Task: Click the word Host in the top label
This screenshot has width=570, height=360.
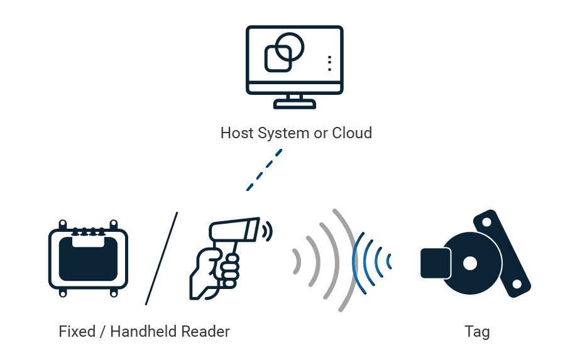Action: tap(236, 133)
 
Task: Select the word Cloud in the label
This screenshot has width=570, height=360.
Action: tap(352, 133)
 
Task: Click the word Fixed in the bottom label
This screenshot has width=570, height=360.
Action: tap(76, 331)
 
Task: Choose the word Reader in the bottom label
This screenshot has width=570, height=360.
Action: tap(207, 331)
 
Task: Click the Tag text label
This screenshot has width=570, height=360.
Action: tap(477, 331)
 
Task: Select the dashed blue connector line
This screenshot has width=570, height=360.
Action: tap(264, 170)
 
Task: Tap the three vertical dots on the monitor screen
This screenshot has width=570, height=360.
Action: tap(329, 63)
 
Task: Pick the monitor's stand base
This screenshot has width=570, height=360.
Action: tap(295, 106)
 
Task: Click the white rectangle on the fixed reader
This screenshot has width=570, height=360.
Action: tap(88, 241)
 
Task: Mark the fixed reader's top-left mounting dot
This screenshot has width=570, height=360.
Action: tap(62, 224)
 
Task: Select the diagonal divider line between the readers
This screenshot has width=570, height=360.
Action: tap(162, 258)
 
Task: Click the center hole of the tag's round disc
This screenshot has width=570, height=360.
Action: tap(469, 263)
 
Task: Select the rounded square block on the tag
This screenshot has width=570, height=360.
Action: tap(435, 263)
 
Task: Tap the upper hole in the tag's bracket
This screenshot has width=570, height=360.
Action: tap(486, 221)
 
